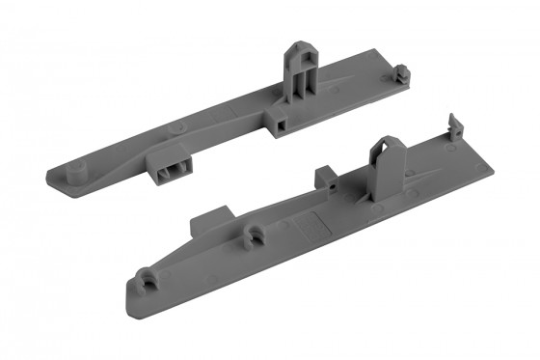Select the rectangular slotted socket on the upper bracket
click(172, 166)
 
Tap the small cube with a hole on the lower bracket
click(327, 178)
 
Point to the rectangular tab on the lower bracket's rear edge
click(208, 224)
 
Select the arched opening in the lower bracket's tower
click(387, 164)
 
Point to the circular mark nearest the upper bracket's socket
click(175, 128)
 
